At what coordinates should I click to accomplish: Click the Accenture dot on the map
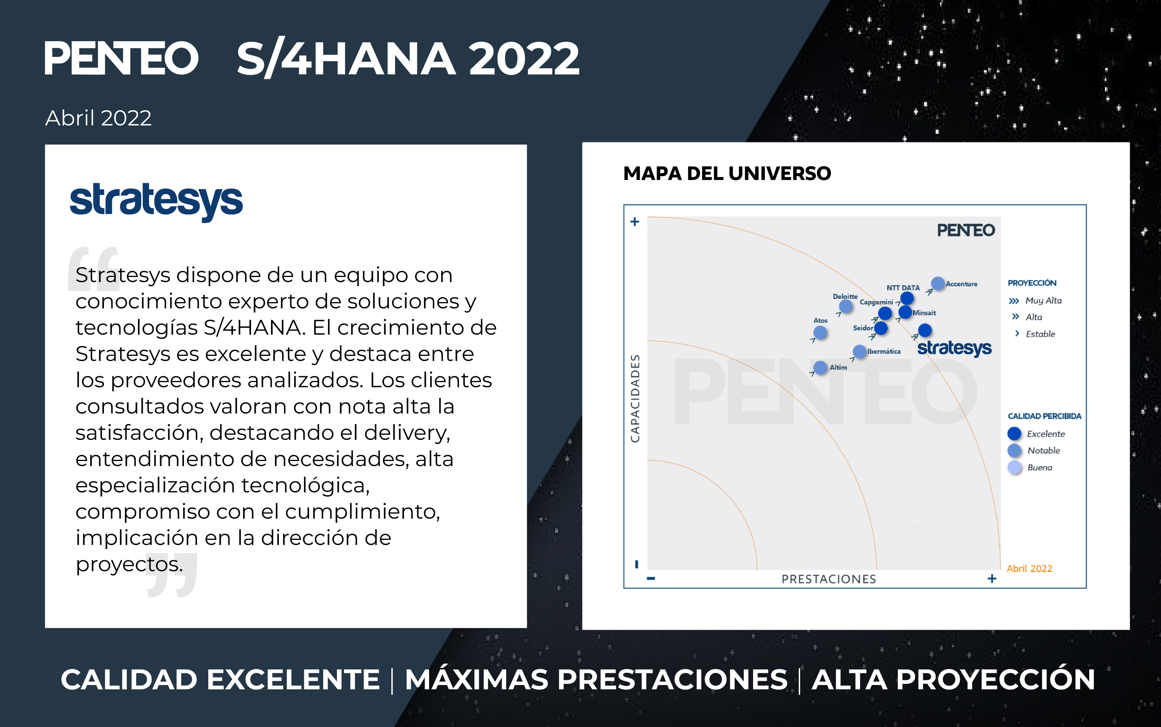pyautogui.click(x=937, y=283)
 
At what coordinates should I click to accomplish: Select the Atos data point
pyautogui.click(x=820, y=332)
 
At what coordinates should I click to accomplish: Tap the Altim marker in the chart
pyautogui.click(x=820, y=367)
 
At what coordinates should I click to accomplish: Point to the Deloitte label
pyautogui.click(x=845, y=296)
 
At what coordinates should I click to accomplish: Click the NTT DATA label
pyautogui.click(x=903, y=288)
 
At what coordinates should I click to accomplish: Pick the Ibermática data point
pyautogui.click(x=859, y=352)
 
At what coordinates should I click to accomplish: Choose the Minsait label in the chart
pyautogui.click(x=924, y=313)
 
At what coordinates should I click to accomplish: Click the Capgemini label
pyautogui.click(x=876, y=302)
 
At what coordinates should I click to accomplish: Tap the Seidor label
pyautogui.click(x=863, y=328)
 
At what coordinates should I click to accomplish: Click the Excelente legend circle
pyautogui.click(x=1014, y=434)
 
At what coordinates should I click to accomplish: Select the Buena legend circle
pyautogui.click(x=1014, y=467)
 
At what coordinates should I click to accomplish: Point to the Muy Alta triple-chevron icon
pyautogui.click(x=1014, y=301)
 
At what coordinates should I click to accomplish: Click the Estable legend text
pyautogui.click(x=1040, y=334)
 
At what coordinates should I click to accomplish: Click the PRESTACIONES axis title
pyautogui.click(x=828, y=579)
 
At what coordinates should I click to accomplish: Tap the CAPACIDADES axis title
pyautogui.click(x=635, y=399)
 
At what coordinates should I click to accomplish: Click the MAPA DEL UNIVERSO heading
pyautogui.click(x=727, y=173)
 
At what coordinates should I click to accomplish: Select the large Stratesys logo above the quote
pyautogui.click(x=156, y=202)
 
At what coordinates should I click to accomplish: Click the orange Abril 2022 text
pyautogui.click(x=1029, y=568)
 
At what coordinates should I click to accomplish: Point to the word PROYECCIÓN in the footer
pyautogui.click(x=954, y=680)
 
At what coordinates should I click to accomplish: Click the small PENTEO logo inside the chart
pyautogui.click(x=966, y=230)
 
